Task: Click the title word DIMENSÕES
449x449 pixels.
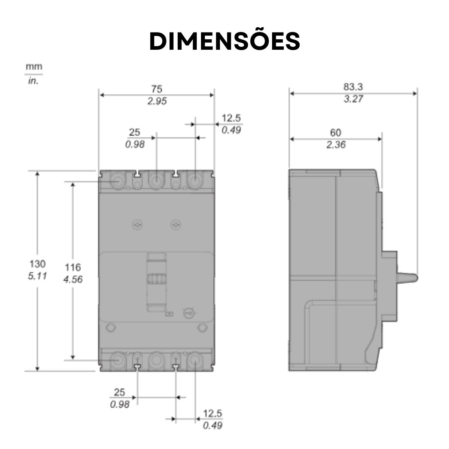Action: pyautogui.click(x=224, y=41)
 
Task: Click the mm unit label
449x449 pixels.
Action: pyautogui.click(x=34, y=67)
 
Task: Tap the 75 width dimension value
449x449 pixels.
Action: pyautogui.click(x=156, y=89)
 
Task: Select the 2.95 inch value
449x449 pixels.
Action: pyautogui.click(x=156, y=101)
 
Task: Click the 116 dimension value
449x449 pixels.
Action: pyautogui.click(x=73, y=267)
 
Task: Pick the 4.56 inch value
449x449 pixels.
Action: pyautogui.click(x=73, y=280)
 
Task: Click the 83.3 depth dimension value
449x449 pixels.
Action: pyautogui.click(x=353, y=87)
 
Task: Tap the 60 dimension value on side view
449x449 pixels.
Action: pyautogui.click(x=335, y=132)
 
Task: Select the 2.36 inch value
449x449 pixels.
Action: pyautogui.click(x=336, y=145)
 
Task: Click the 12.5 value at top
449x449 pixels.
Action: pyautogui.click(x=231, y=118)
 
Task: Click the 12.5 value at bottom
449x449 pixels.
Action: pyautogui.click(x=213, y=413)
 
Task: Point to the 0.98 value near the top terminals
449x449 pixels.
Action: pyautogui.click(x=135, y=144)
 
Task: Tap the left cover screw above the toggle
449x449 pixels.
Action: pyautogui.click(x=137, y=224)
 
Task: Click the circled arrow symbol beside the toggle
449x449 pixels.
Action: pyautogui.click(x=188, y=312)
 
